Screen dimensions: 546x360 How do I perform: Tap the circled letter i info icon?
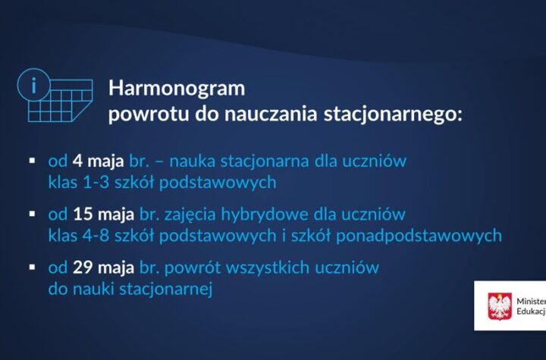(34, 85)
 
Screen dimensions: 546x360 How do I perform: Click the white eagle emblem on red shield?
(500, 306)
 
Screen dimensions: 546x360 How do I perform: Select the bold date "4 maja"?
(98, 161)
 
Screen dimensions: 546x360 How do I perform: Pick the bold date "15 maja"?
(103, 214)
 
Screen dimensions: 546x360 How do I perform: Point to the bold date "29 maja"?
(103, 268)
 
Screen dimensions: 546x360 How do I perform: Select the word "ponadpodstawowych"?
(419, 236)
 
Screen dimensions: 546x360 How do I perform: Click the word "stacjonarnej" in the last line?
(166, 290)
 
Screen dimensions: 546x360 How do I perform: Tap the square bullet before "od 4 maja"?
(33, 161)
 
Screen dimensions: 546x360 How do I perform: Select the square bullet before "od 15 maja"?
(33, 214)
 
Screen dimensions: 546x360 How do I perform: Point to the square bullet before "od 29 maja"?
(33, 267)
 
